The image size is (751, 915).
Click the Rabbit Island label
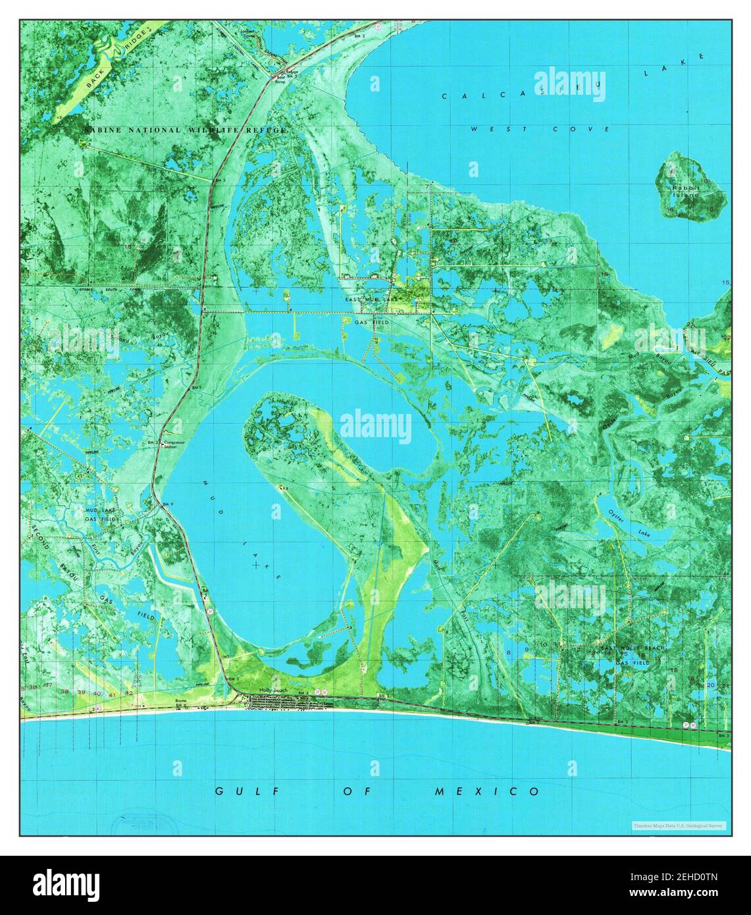pos(686,191)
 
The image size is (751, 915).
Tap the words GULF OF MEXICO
pos(377,791)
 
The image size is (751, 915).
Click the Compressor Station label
pos(174,444)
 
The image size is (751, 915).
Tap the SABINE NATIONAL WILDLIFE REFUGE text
pos(186,130)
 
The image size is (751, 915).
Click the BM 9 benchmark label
pos(168,504)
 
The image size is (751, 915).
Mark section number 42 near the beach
pos(129,693)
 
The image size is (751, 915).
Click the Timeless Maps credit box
pos(678,825)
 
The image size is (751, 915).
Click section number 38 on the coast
pos(65,692)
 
